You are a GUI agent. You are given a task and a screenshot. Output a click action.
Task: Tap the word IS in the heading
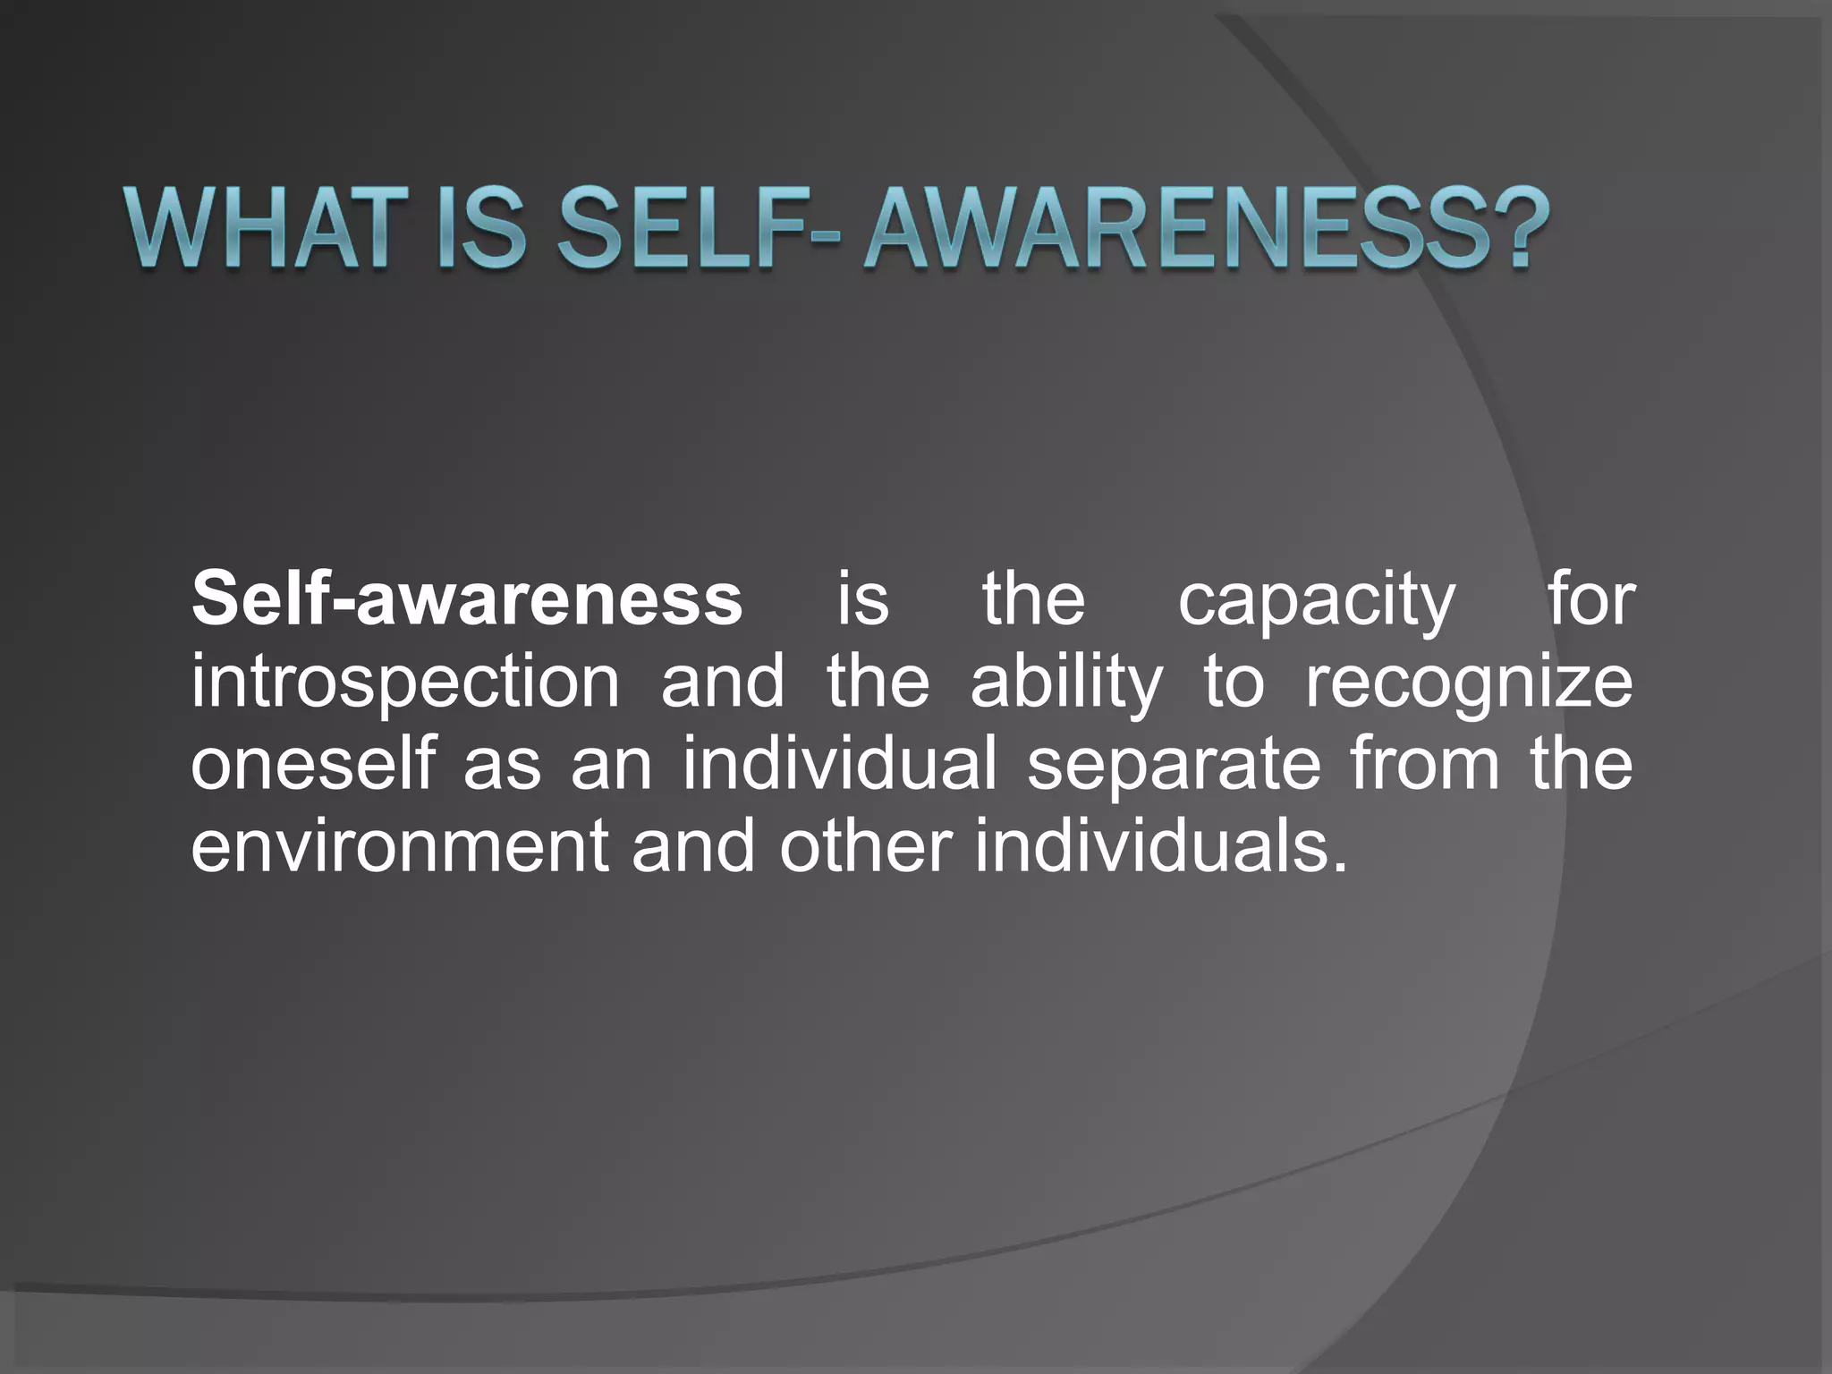click(480, 229)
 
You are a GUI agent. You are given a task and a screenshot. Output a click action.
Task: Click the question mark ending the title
click(1516, 229)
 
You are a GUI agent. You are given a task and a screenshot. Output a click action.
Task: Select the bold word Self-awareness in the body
click(466, 599)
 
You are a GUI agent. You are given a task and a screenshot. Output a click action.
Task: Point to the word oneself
click(312, 765)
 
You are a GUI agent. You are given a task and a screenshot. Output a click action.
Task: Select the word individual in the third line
click(839, 765)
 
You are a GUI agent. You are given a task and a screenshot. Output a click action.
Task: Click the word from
click(1424, 765)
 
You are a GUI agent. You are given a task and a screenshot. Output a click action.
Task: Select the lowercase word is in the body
click(863, 599)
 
